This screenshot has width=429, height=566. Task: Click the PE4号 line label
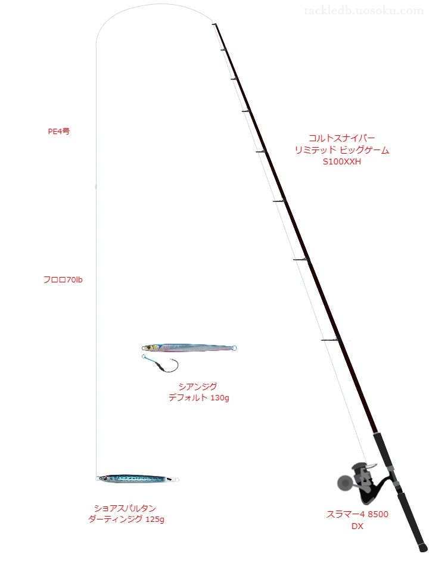click(x=59, y=132)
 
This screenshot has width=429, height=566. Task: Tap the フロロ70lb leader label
click(x=63, y=279)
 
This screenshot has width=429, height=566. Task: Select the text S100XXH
click(x=341, y=161)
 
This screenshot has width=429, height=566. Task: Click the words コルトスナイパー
click(x=341, y=138)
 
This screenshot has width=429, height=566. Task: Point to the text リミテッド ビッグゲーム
click(x=341, y=150)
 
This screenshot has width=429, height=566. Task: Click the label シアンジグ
click(x=198, y=387)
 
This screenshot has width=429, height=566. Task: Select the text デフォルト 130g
click(x=198, y=397)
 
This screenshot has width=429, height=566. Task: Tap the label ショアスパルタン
click(x=125, y=508)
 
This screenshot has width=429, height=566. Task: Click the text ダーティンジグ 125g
click(x=126, y=519)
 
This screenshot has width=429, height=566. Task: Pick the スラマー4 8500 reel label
click(x=357, y=514)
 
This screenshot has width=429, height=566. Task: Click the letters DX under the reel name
click(x=357, y=526)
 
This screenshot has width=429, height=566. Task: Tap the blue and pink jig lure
click(x=189, y=348)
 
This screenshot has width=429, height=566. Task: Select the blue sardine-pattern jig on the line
click(x=137, y=478)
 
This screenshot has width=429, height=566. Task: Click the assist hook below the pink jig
click(x=161, y=364)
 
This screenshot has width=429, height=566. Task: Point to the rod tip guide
click(x=214, y=24)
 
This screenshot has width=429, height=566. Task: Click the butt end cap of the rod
click(x=423, y=548)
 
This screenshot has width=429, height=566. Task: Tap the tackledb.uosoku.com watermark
click(x=363, y=11)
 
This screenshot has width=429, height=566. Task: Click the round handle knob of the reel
click(x=344, y=483)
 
